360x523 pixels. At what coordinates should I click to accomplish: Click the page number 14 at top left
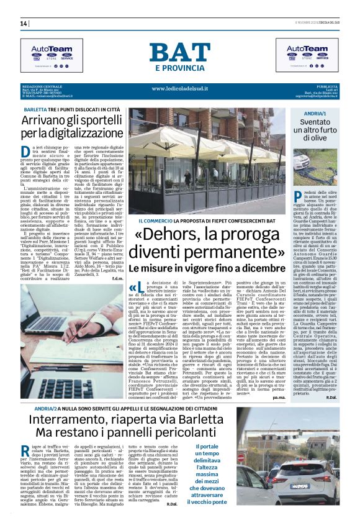pyautogui.click(x=24, y=24)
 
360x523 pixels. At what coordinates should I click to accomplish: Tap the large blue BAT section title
pyautogui.click(x=180, y=54)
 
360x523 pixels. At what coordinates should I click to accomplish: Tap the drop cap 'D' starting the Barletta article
pyautogui.click(x=25, y=152)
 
